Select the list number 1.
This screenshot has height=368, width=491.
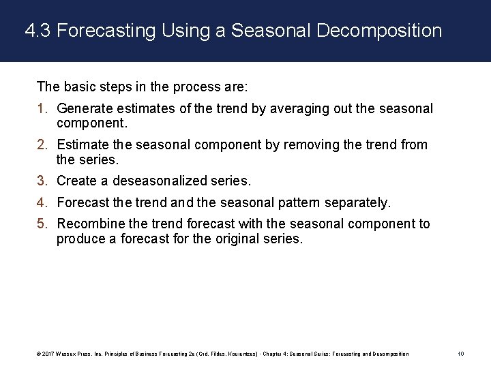pos(42,109)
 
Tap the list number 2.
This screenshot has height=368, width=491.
pos(42,145)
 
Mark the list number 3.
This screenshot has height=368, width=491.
pos(42,181)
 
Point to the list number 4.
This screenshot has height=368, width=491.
pos(42,203)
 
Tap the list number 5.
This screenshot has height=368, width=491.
pos(42,224)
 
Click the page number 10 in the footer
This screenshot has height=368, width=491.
pos(461,354)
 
